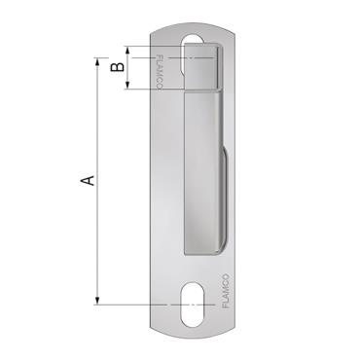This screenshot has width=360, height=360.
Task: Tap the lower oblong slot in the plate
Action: [x=191, y=304]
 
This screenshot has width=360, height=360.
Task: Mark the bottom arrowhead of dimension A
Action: [x=97, y=300]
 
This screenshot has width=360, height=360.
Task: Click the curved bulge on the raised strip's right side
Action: [x=226, y=195]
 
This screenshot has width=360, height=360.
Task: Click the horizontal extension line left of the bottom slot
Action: [x=136, y=305]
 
